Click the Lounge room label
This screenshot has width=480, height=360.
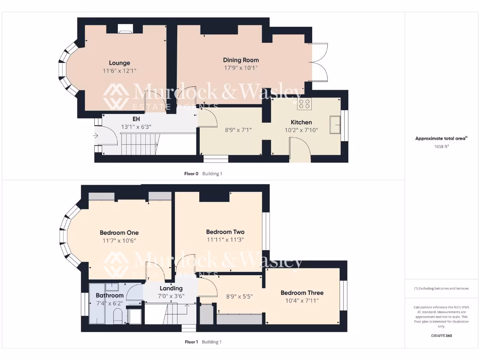tap(120, 63)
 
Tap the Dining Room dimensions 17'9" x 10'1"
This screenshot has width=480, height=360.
tap(240, 68)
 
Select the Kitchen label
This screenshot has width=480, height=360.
tap(301, 122)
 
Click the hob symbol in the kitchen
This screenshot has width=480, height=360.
tap(304, 104)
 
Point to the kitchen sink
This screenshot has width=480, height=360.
tap(335, 124)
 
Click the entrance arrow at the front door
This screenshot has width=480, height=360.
tap(96, 136)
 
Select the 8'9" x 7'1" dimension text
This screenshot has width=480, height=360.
tap(239, 130)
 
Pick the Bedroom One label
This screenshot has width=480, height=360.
tap(119, 232)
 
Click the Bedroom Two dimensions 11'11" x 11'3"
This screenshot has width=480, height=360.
tap(225, 240)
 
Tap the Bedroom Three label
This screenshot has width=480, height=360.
tap(302, 292)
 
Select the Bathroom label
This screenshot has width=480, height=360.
tap(110, 295)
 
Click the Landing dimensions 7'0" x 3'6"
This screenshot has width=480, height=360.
tap(171, 296)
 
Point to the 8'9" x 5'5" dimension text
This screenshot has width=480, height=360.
tap(239, 297)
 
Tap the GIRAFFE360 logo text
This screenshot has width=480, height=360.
tap(441, 336)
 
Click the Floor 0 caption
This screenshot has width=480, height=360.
tap(191, 173)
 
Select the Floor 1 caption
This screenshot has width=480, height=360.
tap(191, 342)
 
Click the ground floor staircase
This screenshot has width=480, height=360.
tap(140, 143)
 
